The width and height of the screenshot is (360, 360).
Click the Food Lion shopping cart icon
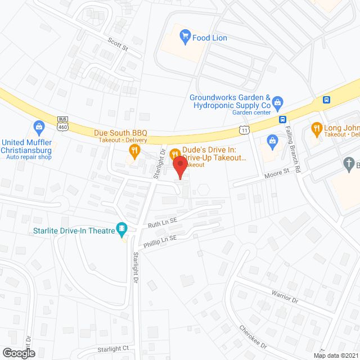(184, 38)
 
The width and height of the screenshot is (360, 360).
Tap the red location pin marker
(179, 168)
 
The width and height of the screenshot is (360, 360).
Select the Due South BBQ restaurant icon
(134, 150)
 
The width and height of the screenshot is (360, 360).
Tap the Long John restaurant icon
(316, 128)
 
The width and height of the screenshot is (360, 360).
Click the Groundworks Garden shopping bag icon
(277, 102)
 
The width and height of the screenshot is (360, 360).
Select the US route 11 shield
(244, 130)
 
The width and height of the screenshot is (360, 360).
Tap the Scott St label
(118, 44)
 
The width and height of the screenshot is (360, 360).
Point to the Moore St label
(276, 176)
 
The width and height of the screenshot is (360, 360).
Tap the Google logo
(18, 353)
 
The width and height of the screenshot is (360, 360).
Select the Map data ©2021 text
(336, 355)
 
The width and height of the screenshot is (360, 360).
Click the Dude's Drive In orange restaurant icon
(175, 154)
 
